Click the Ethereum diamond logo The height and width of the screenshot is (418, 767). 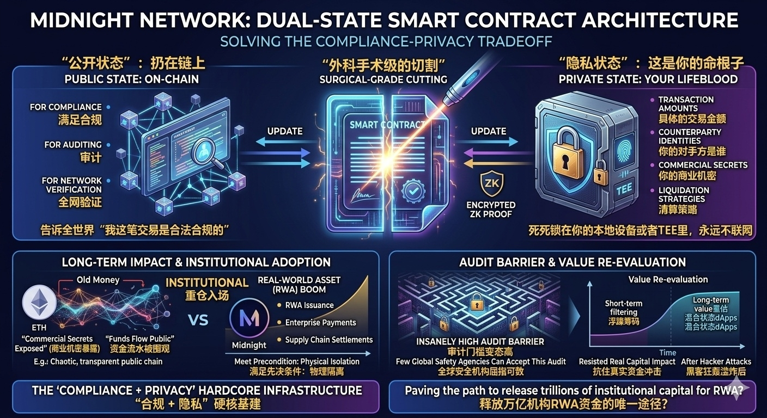[x=39, y=303]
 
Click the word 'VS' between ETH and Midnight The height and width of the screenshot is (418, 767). [x=198, y=319]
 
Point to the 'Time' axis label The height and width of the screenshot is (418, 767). [x=667, y=353]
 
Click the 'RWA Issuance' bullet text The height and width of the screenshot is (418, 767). [x=309, y=305]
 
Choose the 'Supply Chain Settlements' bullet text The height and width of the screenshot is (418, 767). [x=328, y=340]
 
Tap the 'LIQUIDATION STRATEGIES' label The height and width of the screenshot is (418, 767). [x=684, y=194]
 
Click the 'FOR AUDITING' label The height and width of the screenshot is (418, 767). [x=73, y=145]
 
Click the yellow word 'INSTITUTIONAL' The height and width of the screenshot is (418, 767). [x=207, y=283]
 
